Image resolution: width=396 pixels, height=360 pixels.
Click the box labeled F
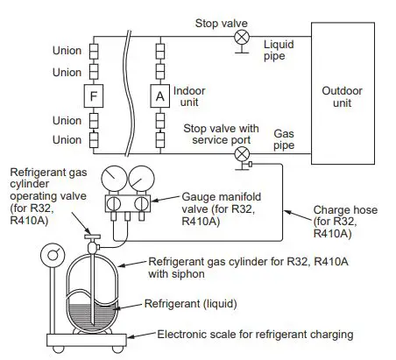(x=94, y=94)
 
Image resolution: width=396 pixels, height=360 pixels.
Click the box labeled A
(x=159, y=94)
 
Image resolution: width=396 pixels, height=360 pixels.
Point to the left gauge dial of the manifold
(x=114, y=180)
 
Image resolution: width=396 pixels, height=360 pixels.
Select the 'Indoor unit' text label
(x=190, y=95)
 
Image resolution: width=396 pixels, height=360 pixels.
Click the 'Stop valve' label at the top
(x=221, y=21)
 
